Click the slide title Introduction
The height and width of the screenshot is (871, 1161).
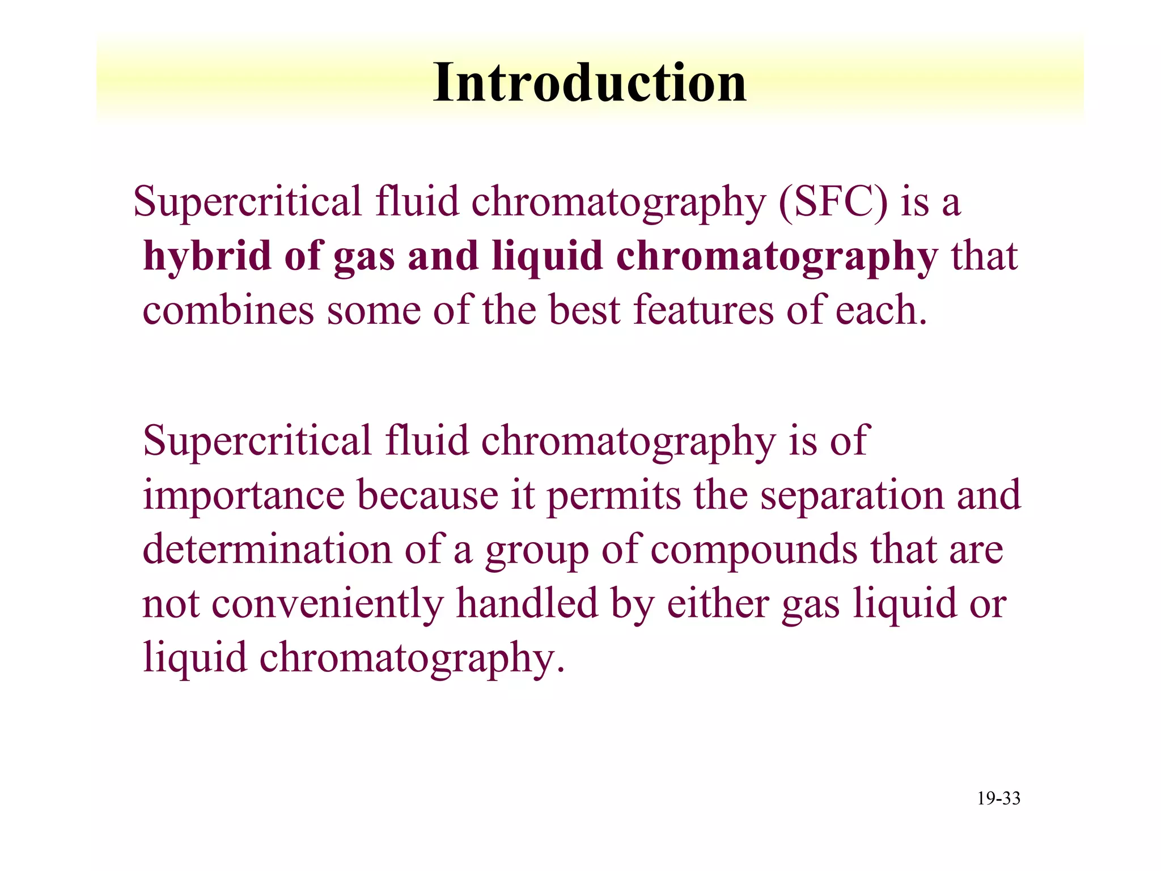(590, 83)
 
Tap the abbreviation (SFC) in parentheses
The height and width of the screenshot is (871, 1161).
(833, 202)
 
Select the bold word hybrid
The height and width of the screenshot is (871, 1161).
(207, 256)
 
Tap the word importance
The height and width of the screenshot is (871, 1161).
(243, 496)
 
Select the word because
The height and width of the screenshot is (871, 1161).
(427, 494)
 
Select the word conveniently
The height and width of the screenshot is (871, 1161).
(327, 604)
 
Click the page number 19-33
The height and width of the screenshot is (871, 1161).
(998, 798)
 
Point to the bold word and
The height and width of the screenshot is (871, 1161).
(443, 256)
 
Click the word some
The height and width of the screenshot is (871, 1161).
(374, 311)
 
